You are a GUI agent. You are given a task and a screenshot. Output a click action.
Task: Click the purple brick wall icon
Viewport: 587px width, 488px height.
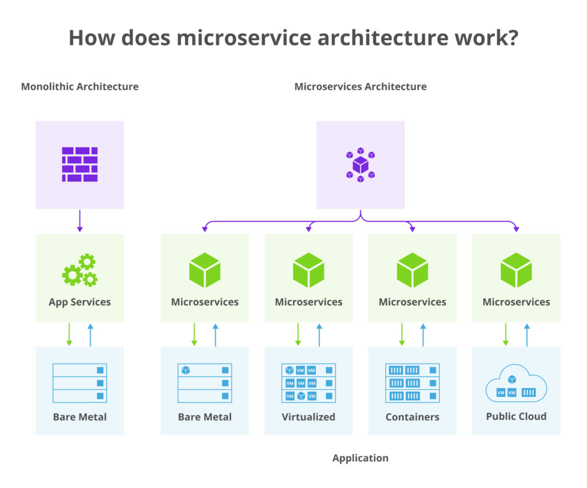(80, 165)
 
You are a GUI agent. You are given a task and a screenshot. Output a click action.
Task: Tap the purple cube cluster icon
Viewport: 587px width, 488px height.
(360, 165)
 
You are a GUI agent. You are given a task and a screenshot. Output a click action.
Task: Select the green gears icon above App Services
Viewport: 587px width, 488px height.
(80, 270)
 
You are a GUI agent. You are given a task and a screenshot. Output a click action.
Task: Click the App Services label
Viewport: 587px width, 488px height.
(80, 302)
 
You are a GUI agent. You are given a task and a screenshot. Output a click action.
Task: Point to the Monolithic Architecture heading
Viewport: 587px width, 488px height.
(80, 87)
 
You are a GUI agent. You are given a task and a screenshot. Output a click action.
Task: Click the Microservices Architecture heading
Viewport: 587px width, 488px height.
(360, 87)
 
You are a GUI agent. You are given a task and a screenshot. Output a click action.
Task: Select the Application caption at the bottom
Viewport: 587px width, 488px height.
(360, 458)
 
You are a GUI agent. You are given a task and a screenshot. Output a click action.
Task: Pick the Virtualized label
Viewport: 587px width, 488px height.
(308, 417)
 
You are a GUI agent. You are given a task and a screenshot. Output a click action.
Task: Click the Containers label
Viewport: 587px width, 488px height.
(412, 417)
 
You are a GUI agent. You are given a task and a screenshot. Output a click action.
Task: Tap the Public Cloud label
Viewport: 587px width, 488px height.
(516, 416)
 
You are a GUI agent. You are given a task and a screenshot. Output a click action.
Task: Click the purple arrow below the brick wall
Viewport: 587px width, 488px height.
(80, 221)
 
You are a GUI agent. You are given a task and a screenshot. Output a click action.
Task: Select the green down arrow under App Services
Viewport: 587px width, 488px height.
(69, 334)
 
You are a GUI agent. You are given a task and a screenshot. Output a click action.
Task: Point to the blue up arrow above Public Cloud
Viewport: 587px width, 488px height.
(527, 334)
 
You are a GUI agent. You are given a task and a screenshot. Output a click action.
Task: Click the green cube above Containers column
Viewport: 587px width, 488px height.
(412, 270)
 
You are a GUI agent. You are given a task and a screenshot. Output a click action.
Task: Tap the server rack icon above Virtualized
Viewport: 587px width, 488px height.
(308, 382)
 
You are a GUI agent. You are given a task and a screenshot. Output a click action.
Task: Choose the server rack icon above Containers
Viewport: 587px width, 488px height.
(412, 382)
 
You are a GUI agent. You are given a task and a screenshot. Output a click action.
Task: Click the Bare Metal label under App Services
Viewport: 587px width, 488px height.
(80, 417)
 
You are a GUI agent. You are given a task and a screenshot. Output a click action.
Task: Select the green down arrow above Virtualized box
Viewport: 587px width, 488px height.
(298, 334)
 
